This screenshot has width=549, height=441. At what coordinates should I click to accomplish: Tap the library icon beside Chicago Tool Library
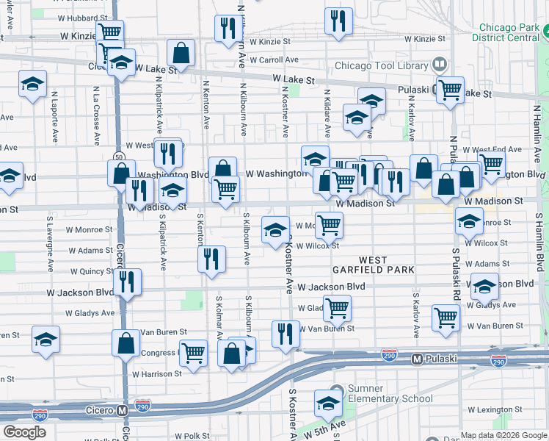[440, 65]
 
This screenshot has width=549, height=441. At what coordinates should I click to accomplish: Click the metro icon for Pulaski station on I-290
[417, 359]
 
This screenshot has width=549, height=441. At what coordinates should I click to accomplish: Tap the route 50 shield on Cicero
[119, 157]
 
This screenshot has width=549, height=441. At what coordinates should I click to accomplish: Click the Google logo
[24, 432]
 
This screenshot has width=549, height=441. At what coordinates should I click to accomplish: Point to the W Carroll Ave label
[274, 60]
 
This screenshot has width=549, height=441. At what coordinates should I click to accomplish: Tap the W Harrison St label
[157, 374]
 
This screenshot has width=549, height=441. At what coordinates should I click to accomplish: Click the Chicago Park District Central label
[506, 32]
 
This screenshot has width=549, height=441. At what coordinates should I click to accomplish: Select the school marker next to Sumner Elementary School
[328, 401]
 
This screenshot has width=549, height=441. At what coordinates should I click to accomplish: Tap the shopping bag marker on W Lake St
[181, 52]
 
